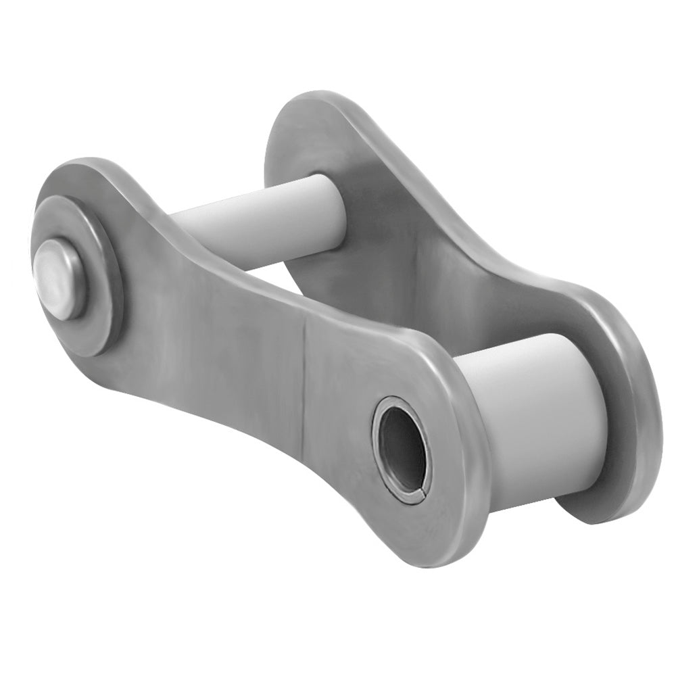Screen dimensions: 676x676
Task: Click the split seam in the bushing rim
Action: [420, 498]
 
